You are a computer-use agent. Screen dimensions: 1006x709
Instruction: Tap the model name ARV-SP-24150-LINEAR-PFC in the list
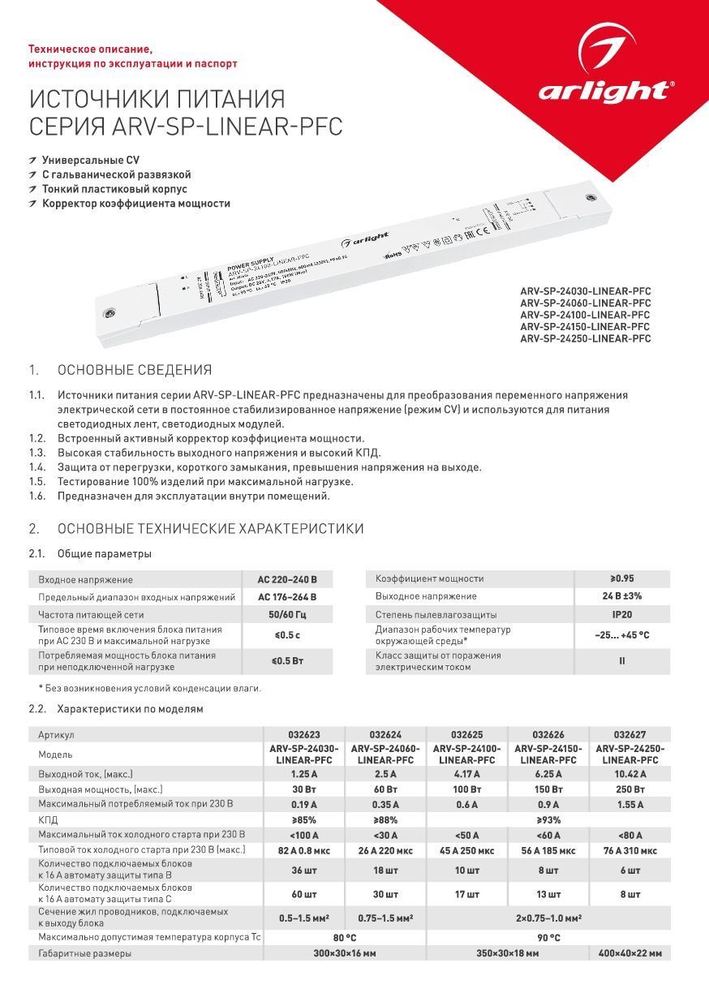585,326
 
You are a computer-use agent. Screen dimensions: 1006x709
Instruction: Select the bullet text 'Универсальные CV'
90,160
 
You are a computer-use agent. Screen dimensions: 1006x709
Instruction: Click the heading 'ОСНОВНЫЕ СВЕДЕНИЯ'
134,371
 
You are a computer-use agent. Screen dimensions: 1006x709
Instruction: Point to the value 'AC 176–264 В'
287,597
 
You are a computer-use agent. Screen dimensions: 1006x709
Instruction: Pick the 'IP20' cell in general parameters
622,614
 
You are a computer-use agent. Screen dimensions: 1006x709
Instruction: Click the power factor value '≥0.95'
622,578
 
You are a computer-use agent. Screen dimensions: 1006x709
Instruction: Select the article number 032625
466,734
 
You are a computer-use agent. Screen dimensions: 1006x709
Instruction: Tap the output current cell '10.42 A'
630,774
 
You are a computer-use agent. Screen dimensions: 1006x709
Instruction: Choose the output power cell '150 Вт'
548,789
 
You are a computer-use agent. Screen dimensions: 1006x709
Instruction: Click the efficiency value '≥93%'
548,820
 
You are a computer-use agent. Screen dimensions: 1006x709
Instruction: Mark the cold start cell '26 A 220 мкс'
385,851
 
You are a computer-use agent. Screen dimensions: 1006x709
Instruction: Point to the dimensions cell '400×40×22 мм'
630,953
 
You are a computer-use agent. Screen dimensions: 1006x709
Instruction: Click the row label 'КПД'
49,820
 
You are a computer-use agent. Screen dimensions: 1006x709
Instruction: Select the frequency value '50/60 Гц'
287,614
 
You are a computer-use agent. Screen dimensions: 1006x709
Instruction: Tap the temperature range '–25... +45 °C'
622,635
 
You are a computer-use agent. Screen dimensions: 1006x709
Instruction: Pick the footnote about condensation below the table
150,688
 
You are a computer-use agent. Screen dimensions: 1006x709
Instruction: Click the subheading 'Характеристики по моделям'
130,708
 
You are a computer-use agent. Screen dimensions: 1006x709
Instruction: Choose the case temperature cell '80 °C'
345,938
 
